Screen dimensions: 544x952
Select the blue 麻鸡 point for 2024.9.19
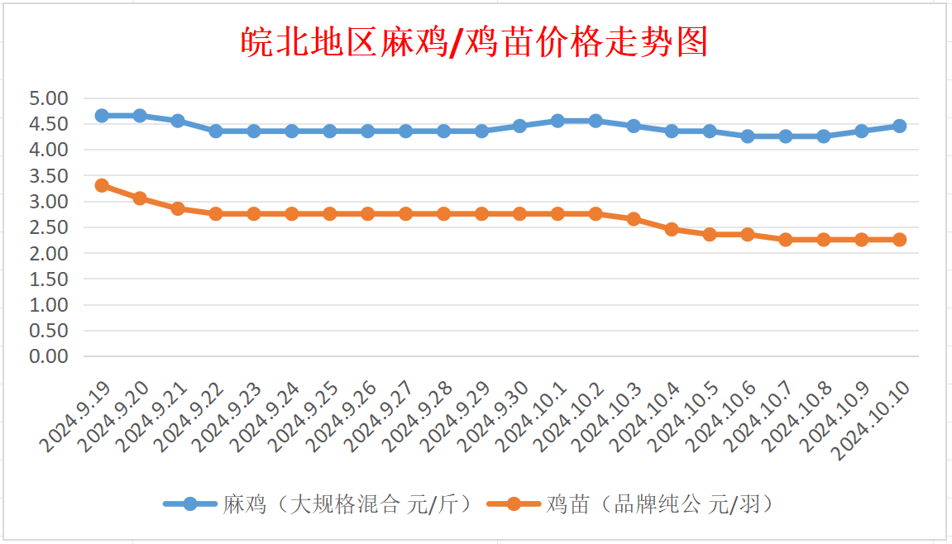(x=102, y=116)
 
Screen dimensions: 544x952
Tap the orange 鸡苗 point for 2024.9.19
(x=102, y=185)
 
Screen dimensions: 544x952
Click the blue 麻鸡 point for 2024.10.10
(x=899, y=126)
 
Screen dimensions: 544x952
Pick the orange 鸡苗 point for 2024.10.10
(x=899, y=240)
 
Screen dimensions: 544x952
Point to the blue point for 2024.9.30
(x=519, y=126)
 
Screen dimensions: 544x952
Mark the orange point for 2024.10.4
(x=672, y=229)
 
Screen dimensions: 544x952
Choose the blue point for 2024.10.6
(x=748, y=136)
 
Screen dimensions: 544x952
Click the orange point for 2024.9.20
(x=140, y=198)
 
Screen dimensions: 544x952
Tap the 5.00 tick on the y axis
(x=48, y=98)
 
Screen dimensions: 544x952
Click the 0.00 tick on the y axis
(x=48, y=356)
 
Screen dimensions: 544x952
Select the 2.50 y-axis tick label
(x=48, y=227)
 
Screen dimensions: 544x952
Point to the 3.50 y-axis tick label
(x=48, y=176)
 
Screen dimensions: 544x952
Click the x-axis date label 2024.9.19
(x=75, y=418)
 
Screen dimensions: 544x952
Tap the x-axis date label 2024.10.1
(x=533, y=418)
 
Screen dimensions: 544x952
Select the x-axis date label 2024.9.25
(x=304, y=418)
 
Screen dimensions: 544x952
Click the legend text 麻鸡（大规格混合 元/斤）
(x=347, y=503)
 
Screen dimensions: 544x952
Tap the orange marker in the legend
(x=514, y=503)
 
